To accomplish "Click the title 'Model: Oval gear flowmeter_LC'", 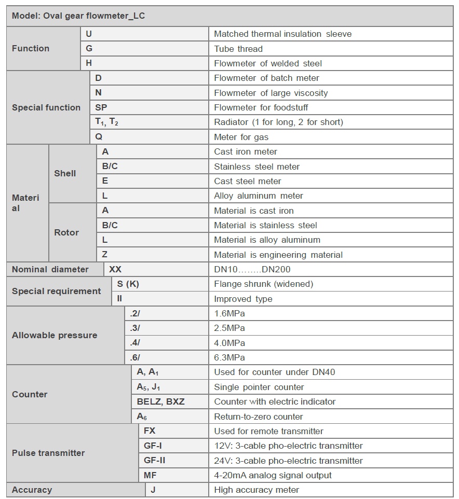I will point(78,16).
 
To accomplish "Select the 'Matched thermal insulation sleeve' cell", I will point(282,34).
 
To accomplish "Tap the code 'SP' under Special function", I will point(101,107).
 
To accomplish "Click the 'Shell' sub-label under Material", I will point(65,173).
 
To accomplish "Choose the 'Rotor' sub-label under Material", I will point(66,232).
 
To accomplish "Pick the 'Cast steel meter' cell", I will point(248,181).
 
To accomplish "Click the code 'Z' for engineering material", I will point(105,255).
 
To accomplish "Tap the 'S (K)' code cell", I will point(128,284).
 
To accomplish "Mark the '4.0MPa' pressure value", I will point(230,343).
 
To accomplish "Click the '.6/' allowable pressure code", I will point(135,357).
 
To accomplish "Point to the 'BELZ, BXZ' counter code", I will point(160,401).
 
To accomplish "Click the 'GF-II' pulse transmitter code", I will point(155,460).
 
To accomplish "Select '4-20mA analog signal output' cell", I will point(273,475).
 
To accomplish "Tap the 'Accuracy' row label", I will point(32,490).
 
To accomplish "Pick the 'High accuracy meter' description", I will point(256,490).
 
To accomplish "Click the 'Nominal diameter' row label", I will point(50,269).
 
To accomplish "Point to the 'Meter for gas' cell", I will point(241,137).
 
